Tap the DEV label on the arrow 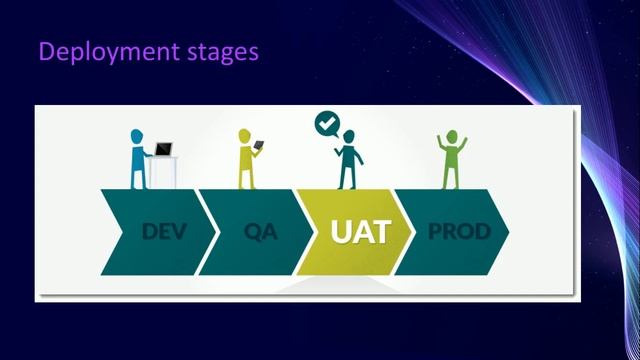(164, 232)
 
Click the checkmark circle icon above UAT (326, 124)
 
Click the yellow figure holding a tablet (246, 160)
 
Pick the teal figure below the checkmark (347, 162)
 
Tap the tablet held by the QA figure (259, 146)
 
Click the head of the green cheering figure (450, 137)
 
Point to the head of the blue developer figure (138, 134)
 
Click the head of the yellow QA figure (245, 135)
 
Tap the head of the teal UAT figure (348, 135)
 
